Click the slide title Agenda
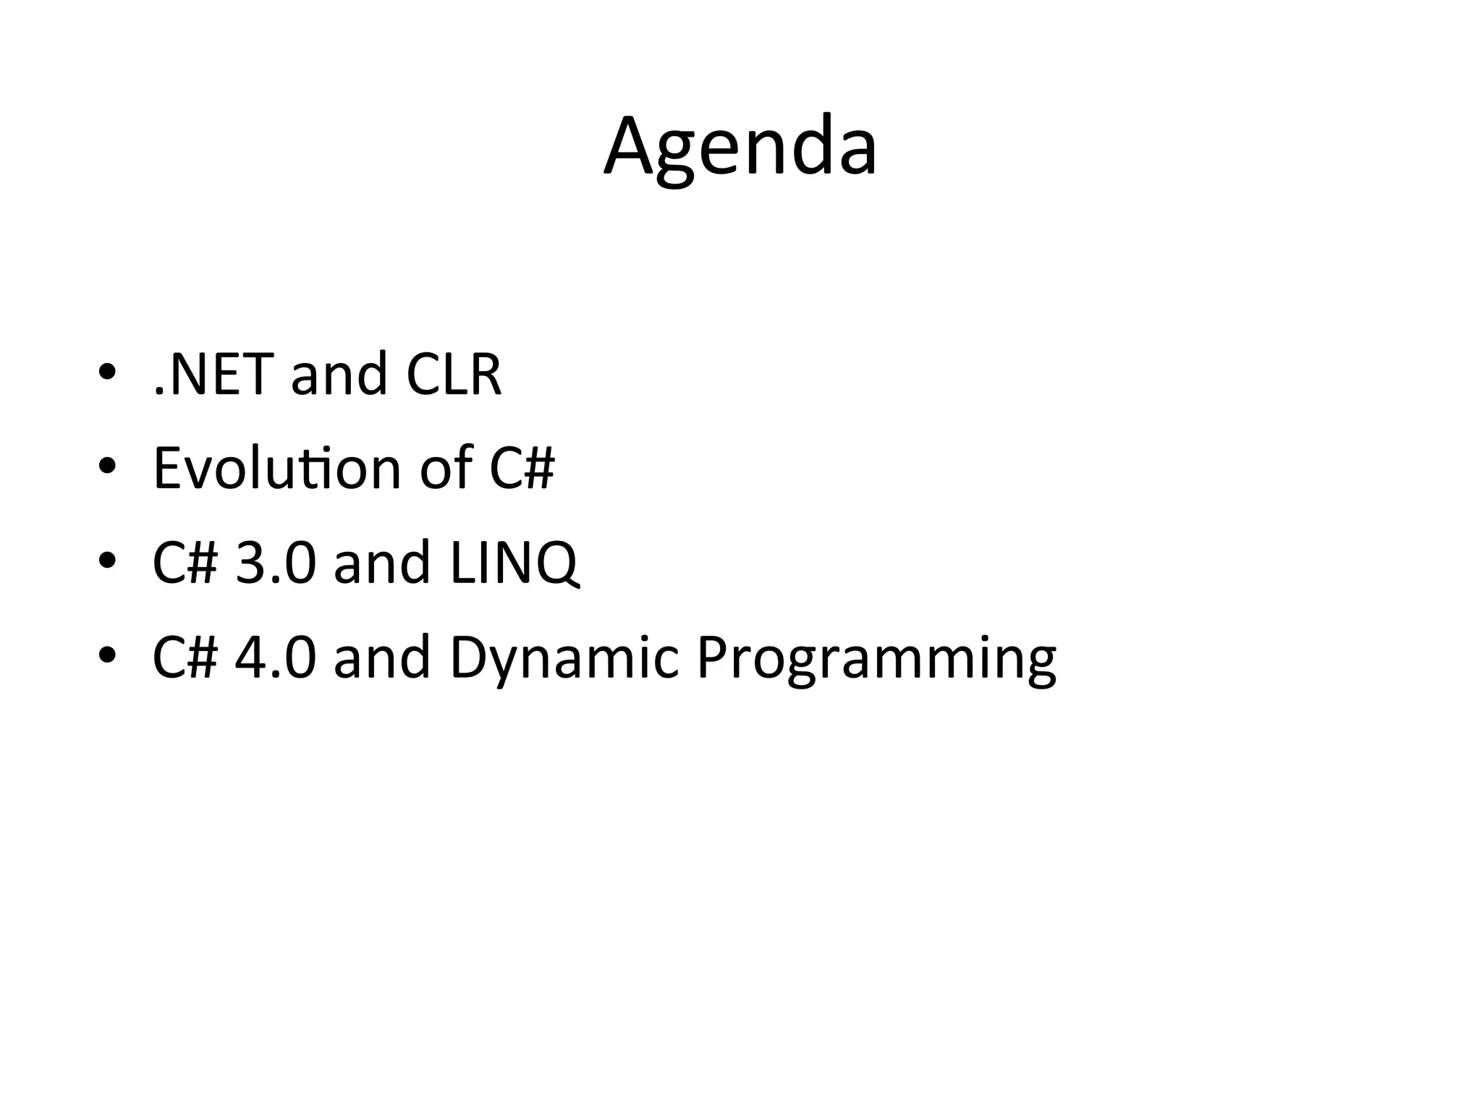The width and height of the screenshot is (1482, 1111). click(x=740, y=148)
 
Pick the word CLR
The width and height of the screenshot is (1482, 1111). click(x=454, y=375)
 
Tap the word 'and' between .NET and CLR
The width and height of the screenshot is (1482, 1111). click(x=339, y=375)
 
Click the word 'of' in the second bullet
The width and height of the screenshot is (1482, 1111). click(x=446, y=468)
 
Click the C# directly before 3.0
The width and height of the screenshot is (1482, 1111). click(x=185, y=562)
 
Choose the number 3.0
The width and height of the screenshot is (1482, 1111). click(x=276, y=562)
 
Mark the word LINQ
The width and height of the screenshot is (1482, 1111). click(x=514, y=562)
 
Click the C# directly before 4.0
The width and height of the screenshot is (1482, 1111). click(x=185, y=656)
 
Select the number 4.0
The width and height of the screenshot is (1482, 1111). click(x=276, y=656)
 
